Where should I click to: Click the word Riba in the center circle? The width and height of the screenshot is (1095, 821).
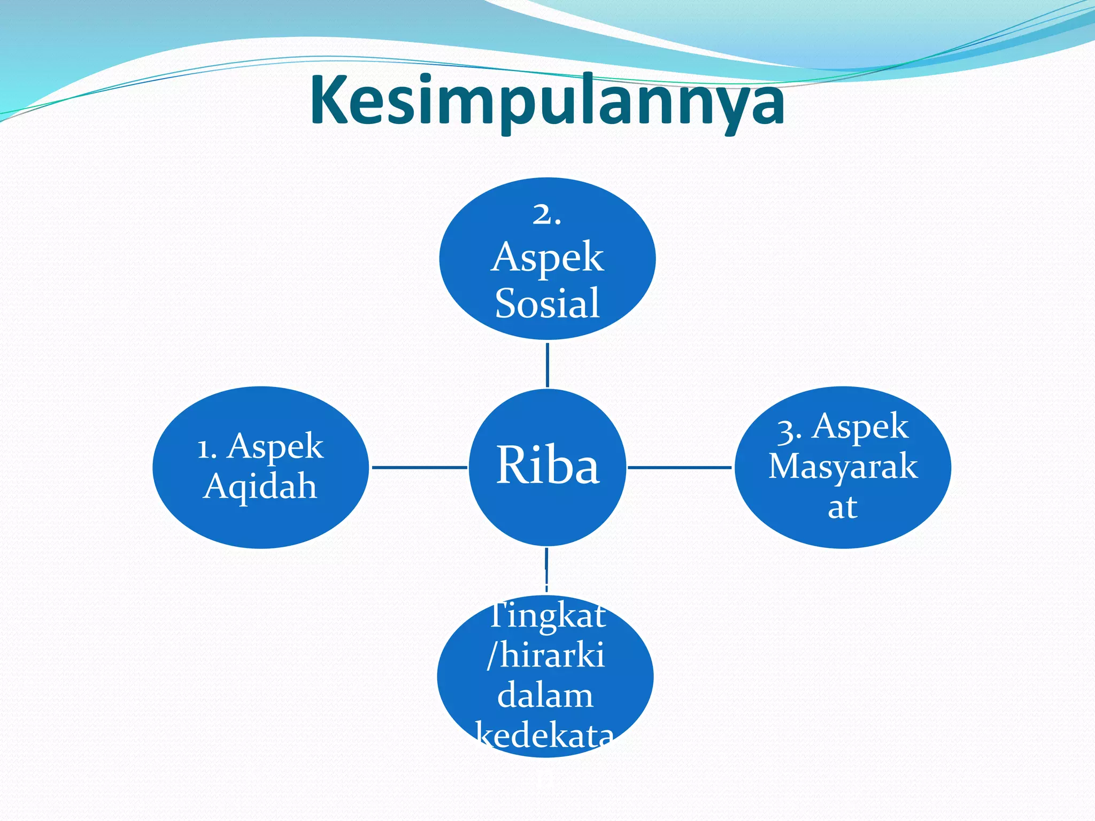[x=547, y=466]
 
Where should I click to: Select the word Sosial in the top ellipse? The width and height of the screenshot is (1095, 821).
[x=547, y=304]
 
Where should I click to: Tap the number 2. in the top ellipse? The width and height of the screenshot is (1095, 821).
[x=546, y=215]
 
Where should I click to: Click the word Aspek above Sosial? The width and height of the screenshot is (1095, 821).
[x=547, y=258]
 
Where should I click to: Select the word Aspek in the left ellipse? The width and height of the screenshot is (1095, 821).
[x=275, y=447]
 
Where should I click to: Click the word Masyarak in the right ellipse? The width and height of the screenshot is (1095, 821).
[x=843, y=466]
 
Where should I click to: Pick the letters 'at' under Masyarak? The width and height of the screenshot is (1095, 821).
[x=842, y=507]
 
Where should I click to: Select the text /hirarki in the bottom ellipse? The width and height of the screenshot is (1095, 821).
[x=545, y=655]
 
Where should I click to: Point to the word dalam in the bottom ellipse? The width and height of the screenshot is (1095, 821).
[x=545, y=696]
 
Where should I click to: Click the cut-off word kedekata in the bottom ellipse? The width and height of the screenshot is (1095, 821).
[x=545, y=735]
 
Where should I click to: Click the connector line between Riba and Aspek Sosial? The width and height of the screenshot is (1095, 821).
[x=547, y=365]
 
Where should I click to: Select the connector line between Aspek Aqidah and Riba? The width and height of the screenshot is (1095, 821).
[x=419, y=467]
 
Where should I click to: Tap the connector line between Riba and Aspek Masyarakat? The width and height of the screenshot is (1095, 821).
[x=679, y=467]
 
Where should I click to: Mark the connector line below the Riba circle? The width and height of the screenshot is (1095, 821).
[x=546, y=570]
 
